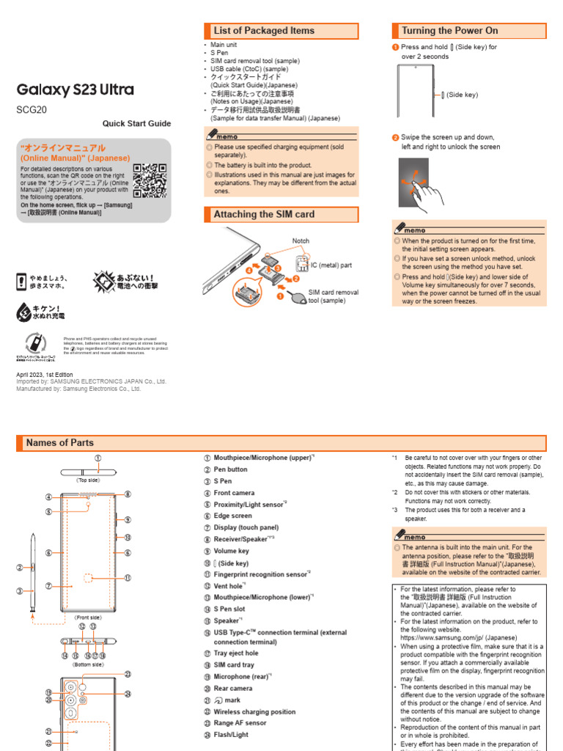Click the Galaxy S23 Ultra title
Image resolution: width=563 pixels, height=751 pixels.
click(76, 90)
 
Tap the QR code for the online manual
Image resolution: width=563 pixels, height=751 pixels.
click(150, 181)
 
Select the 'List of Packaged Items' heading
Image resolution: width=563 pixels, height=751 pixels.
click(264, 31)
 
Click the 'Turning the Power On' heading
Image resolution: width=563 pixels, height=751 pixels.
click(449, 31)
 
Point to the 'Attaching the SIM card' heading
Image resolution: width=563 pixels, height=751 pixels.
click(264, 215)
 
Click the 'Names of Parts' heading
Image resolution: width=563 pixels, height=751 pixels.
click(60, 443)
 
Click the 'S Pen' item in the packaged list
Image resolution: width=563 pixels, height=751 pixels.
click(218, 53)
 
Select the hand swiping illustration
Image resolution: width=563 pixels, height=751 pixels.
click(420, 183)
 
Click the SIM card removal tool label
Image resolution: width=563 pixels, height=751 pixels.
click(333, 296)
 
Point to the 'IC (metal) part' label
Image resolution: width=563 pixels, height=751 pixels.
click(331, 265)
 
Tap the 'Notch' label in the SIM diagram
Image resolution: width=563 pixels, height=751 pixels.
click(301, 241)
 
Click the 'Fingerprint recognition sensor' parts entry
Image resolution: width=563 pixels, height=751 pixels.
click(261, 574)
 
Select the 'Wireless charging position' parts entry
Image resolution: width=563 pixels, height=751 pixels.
click(254, 711)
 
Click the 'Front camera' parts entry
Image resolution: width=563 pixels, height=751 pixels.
click(234, 493)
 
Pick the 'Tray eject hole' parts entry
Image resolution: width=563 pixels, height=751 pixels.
click(235, 653)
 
